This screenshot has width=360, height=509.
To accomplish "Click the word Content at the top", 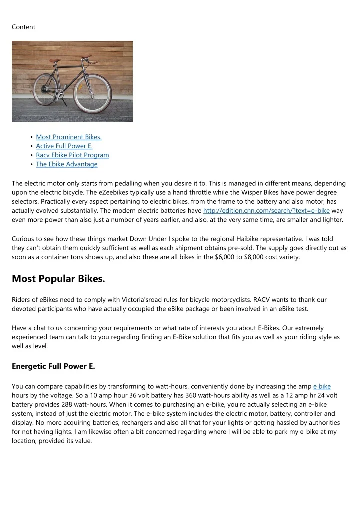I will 23,27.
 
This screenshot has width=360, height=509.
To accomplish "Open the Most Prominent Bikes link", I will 69,137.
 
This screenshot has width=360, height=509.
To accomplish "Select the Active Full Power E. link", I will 64,146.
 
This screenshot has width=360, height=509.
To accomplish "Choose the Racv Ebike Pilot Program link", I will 72,155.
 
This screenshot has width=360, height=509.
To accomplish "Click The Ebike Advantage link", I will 67,164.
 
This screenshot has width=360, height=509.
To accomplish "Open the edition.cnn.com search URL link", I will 266,210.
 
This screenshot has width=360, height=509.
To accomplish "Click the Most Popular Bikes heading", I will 58,278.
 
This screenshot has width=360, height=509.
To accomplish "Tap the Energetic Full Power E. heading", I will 53,366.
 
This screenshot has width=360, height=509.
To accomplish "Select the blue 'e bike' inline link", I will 322,386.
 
